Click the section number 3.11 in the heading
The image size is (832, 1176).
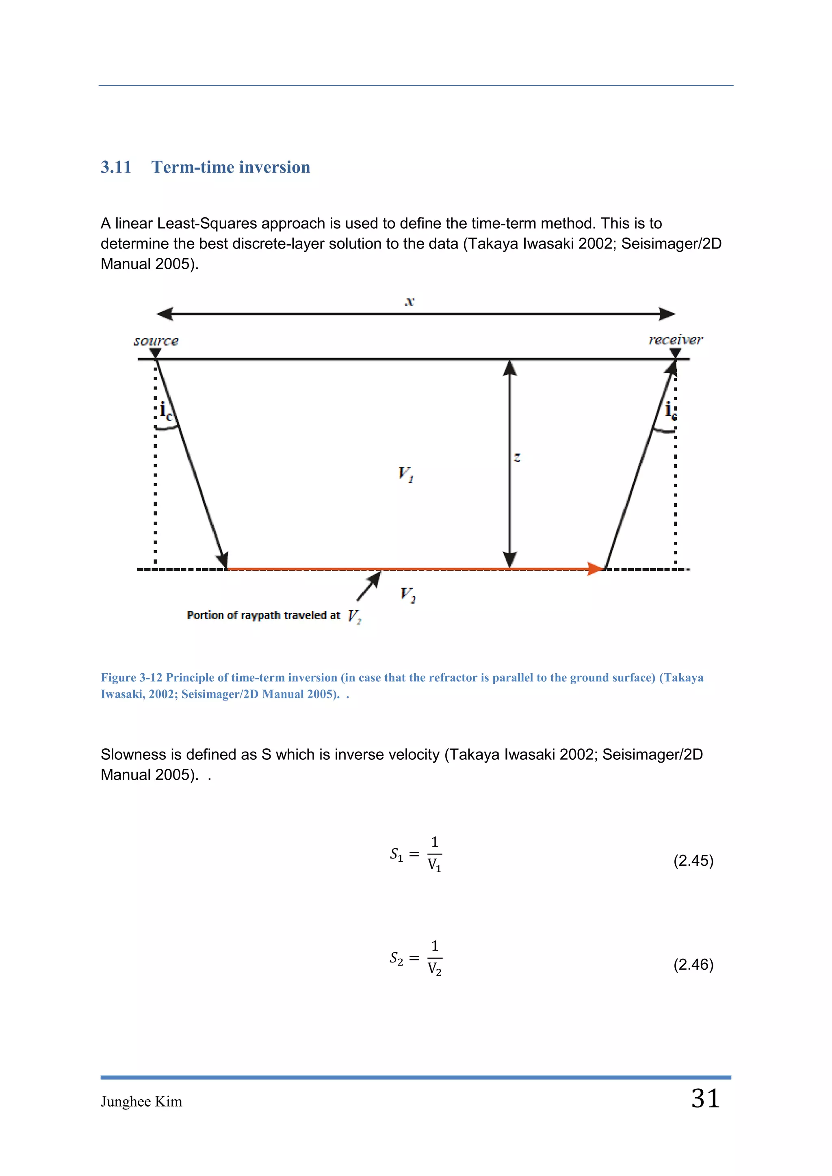(116, 167)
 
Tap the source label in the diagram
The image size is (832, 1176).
(156, 341)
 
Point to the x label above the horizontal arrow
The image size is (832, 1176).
(409, 301)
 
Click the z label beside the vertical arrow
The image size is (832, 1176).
(518, 457)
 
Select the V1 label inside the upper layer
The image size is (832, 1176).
(405, 474)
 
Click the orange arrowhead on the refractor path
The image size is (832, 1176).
(595, 569)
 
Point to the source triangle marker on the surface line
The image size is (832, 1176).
(156, 353)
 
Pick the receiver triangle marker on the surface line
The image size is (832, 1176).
(675, 352)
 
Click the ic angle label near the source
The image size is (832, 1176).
(165, 411)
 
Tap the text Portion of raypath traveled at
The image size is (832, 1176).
(263, 615)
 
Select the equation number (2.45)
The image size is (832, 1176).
(693, 860)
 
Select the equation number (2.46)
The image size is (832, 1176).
(693, 964)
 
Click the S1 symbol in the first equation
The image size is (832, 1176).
(396, 854)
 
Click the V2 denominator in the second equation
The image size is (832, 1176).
(434, 969)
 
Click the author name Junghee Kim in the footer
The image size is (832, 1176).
(141, 1102)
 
